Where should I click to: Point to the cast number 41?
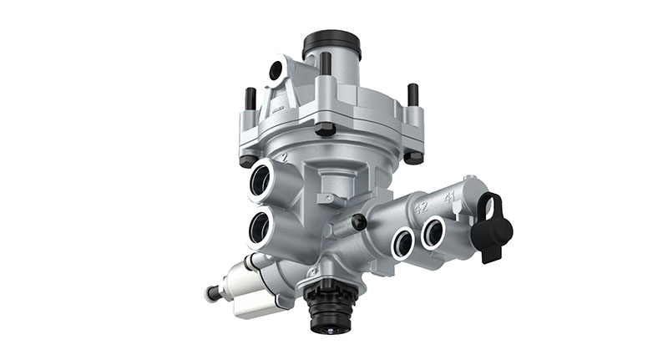(449, 198)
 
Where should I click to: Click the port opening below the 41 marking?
(433, 231)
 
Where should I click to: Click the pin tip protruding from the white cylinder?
(209, 293)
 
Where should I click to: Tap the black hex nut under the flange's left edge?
(247, 160)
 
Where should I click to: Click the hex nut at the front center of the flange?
(326, 128)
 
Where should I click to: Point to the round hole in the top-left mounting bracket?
(275, 72)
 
